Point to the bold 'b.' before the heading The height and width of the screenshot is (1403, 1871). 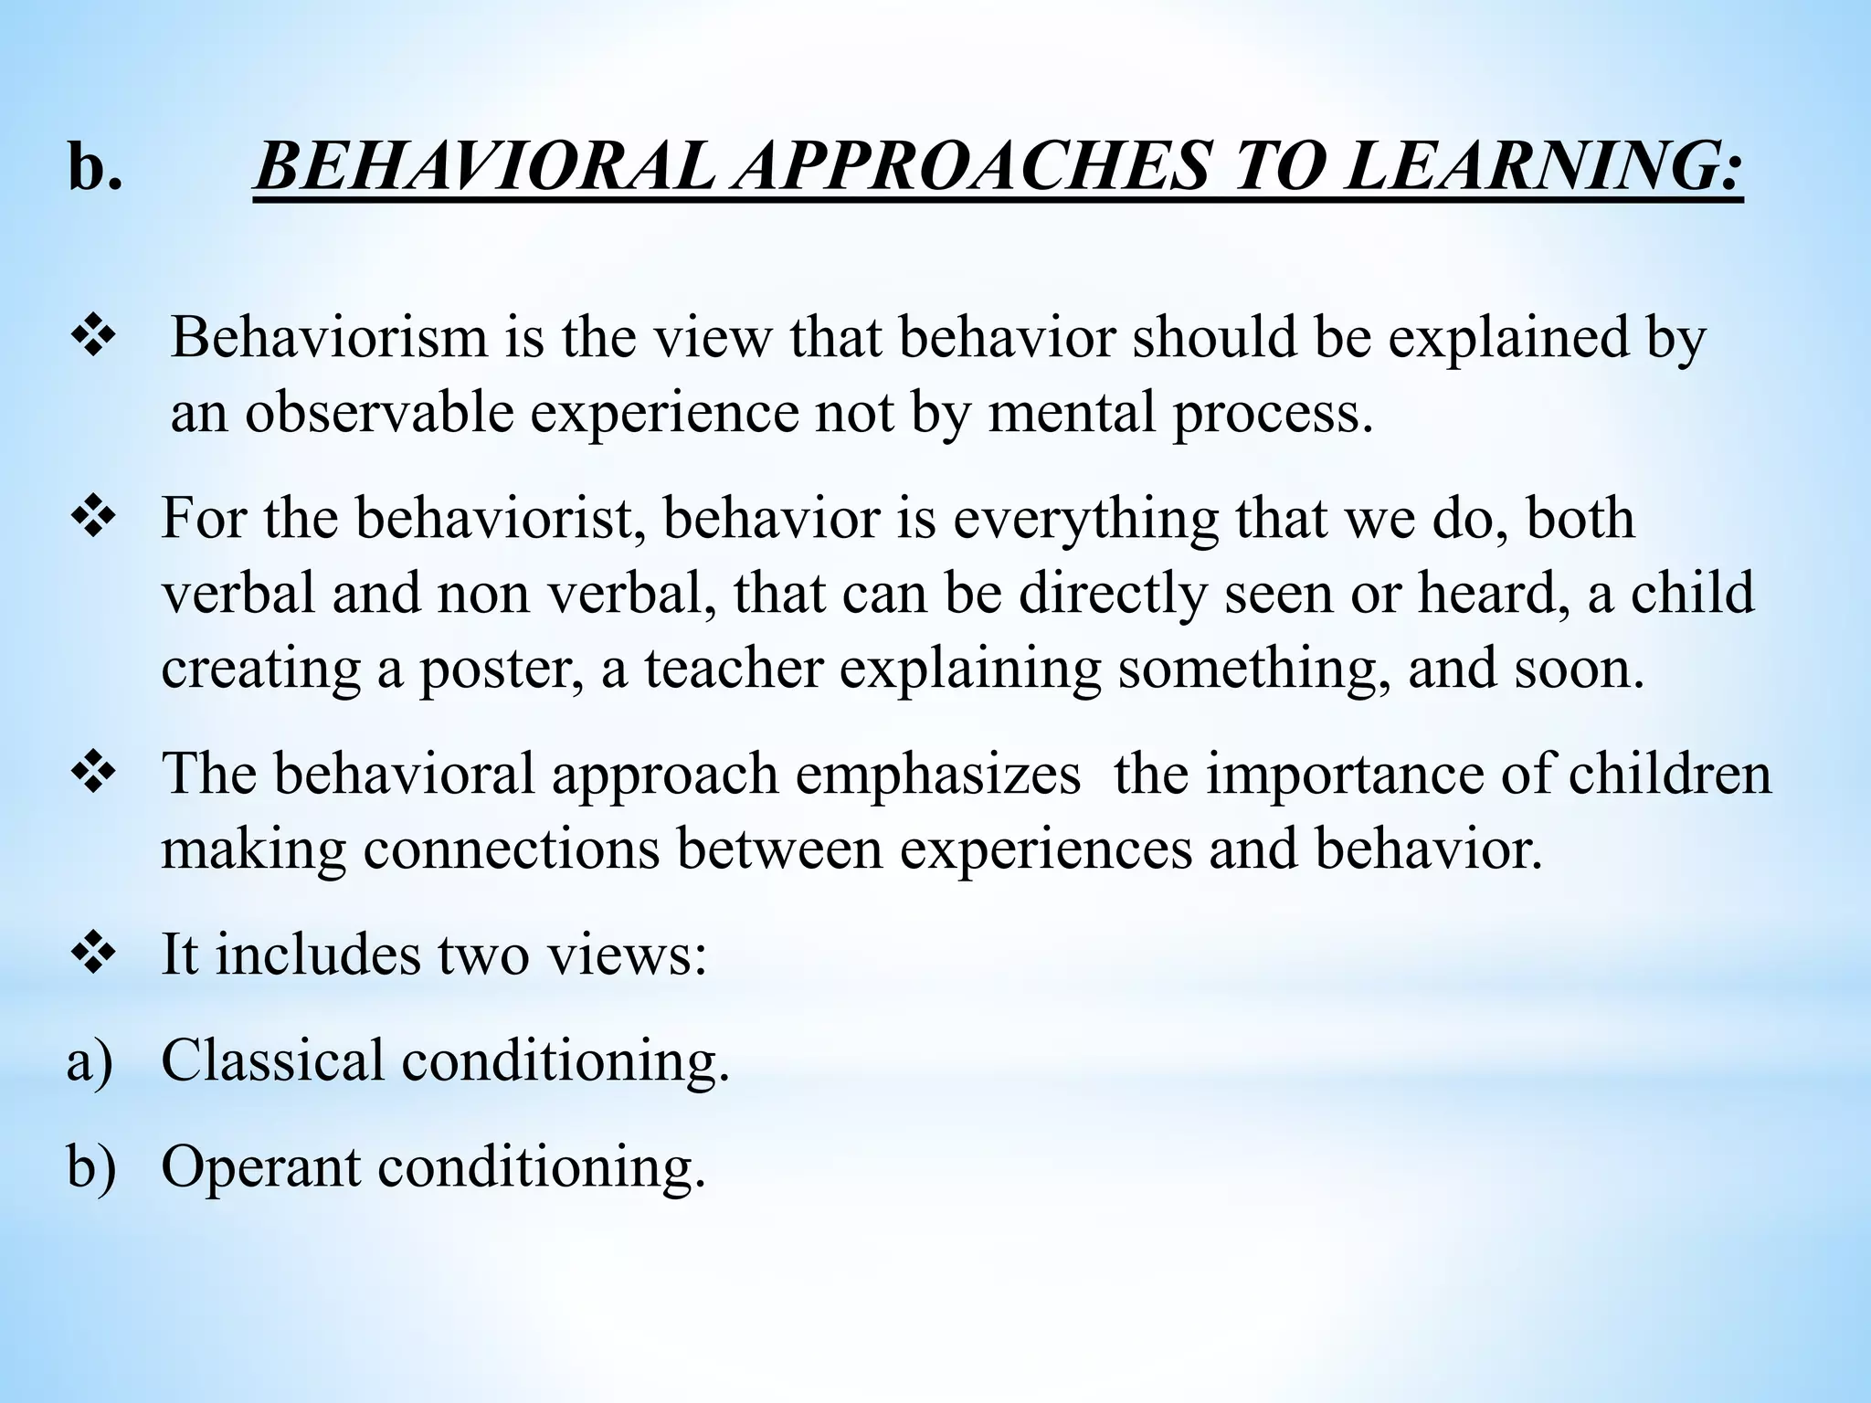(94, 168)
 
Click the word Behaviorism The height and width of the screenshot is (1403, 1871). (329, 337)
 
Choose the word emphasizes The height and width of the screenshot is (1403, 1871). (937, 775)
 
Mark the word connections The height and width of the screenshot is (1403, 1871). (512, 849)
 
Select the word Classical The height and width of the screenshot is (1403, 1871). (272, 1060)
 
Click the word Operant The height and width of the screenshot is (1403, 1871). (260, 1168)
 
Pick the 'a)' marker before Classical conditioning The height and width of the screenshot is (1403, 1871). (90, 1062)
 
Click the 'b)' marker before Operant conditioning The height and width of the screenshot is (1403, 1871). (91, 1168)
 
